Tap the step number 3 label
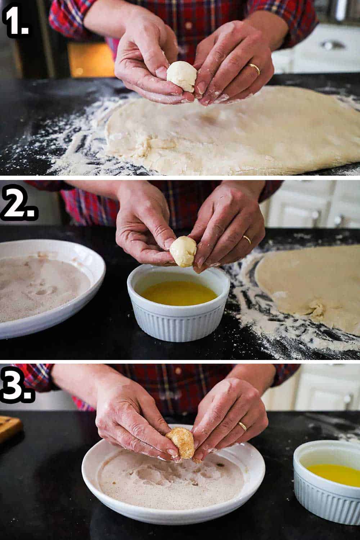(x=18, y=383)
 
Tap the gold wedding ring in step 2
(x=247, y=239)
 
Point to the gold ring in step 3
(x=242, y=426)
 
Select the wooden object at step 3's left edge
(x=9, y=428)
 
